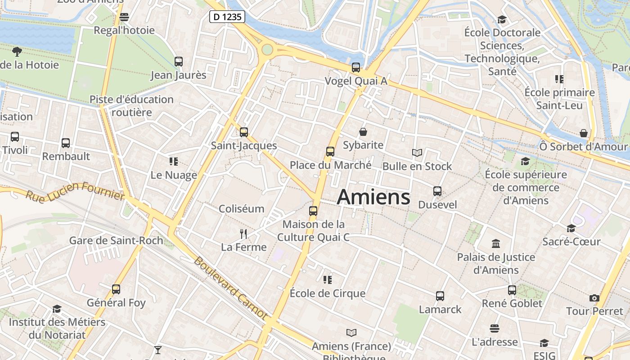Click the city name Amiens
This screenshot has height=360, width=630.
373,197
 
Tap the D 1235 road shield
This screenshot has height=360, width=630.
227,17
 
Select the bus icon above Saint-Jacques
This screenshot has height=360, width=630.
244,132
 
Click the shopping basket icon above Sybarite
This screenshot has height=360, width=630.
363,132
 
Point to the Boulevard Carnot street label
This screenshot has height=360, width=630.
230,288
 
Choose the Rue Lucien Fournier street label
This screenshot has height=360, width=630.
75,191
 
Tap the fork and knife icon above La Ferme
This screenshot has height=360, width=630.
243,234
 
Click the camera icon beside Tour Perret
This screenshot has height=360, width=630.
594,298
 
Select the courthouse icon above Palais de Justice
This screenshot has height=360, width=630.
496,244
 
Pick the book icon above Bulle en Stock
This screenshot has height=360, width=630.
417,153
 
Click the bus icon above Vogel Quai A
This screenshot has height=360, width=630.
356,67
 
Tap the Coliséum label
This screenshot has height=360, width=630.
241,209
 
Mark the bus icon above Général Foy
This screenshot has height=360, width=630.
116,289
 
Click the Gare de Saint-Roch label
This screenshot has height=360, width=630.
116,240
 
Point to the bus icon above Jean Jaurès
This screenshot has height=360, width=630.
179,62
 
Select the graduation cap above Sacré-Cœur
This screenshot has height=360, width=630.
571,229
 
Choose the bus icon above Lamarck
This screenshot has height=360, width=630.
440,296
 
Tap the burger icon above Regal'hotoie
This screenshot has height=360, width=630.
124,17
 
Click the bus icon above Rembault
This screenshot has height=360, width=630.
66,143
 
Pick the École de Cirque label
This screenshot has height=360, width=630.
328,293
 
